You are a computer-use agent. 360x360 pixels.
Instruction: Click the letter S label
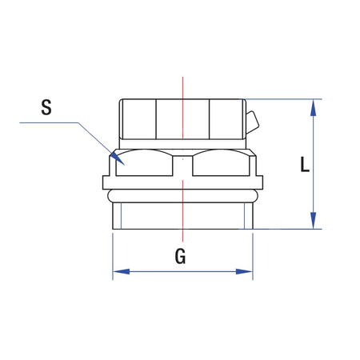click(x=46, y=107)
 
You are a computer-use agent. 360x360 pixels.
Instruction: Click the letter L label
click(x=305, y=164)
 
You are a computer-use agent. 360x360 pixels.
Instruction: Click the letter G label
click(x=180, y=256)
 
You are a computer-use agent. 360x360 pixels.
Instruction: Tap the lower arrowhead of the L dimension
click(x=314, y=221)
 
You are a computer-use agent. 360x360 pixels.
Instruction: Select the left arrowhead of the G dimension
click(x=122, y=272)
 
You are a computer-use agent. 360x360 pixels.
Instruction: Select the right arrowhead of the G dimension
click(x=244, y=272)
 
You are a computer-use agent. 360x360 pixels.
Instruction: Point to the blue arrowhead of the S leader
click(x=118, y=159)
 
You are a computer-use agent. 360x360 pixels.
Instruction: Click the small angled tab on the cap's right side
click(x=252, y=122)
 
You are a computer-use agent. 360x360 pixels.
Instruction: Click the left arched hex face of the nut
click(x=144, y=162)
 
